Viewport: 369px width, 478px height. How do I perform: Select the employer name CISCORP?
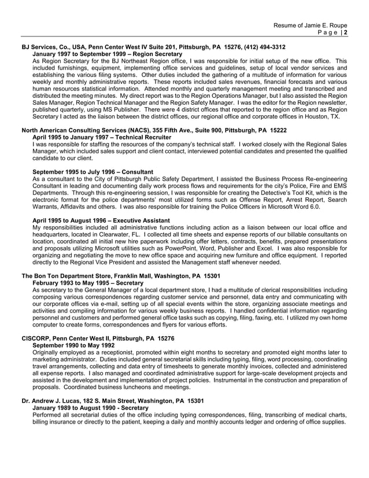coord(38,337)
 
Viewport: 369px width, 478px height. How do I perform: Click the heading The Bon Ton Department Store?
coord(67,276)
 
